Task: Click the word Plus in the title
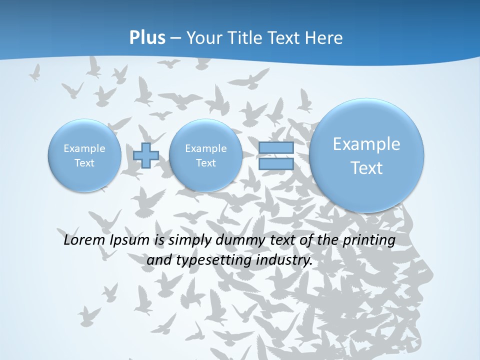click(147, 37)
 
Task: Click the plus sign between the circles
click(146, 155)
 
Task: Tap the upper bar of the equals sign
click(275, 148)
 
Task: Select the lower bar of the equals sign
click(275, 163)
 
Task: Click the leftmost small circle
click(84, 155)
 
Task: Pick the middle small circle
click(205, 155)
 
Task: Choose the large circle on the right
click(366, 155)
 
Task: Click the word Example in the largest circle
click(366, 144)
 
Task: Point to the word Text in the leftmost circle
click(84, 163)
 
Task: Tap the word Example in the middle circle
click(205, 148)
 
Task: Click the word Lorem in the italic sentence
click(85, 240)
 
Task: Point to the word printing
click(369, 240)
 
